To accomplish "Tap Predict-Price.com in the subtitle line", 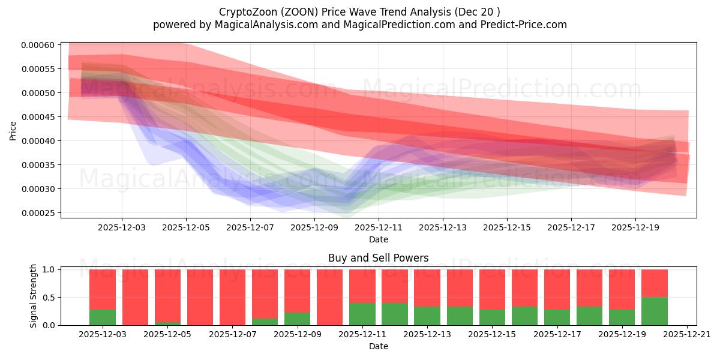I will point(521,25).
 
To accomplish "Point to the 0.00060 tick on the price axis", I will point(38,45).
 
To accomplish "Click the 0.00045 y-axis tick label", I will point(38,117).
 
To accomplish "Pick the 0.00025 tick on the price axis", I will point(38,213).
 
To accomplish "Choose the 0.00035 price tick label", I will point(38,165).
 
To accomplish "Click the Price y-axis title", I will point(13,130).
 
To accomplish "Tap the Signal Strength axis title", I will point(34,296).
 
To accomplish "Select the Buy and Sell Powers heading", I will point(378,258).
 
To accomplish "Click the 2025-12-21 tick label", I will point(686,334).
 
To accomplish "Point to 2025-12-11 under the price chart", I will point(379,227).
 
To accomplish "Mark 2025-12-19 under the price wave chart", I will point(635,227).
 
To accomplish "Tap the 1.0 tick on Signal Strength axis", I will point(50,269).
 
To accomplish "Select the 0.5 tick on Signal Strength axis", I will point(50,298).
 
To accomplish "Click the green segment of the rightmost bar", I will point(654,311).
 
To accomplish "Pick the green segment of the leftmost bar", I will point(103,317).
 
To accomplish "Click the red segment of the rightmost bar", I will point(654,283).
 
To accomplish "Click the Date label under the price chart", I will point(378,239).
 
